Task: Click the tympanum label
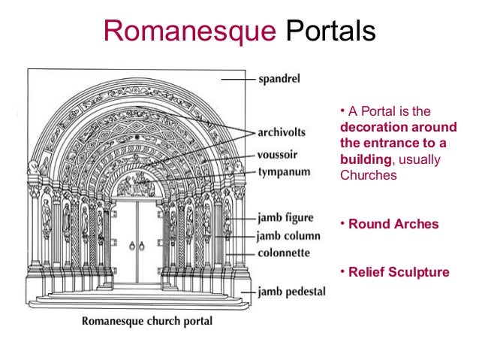click(x=285, y=171)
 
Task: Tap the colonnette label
click(x=285, y=253)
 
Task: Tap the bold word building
click(x=366, y=159)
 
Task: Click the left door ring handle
click(x=131, y=245)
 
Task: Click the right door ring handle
click(x=143, y=245)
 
